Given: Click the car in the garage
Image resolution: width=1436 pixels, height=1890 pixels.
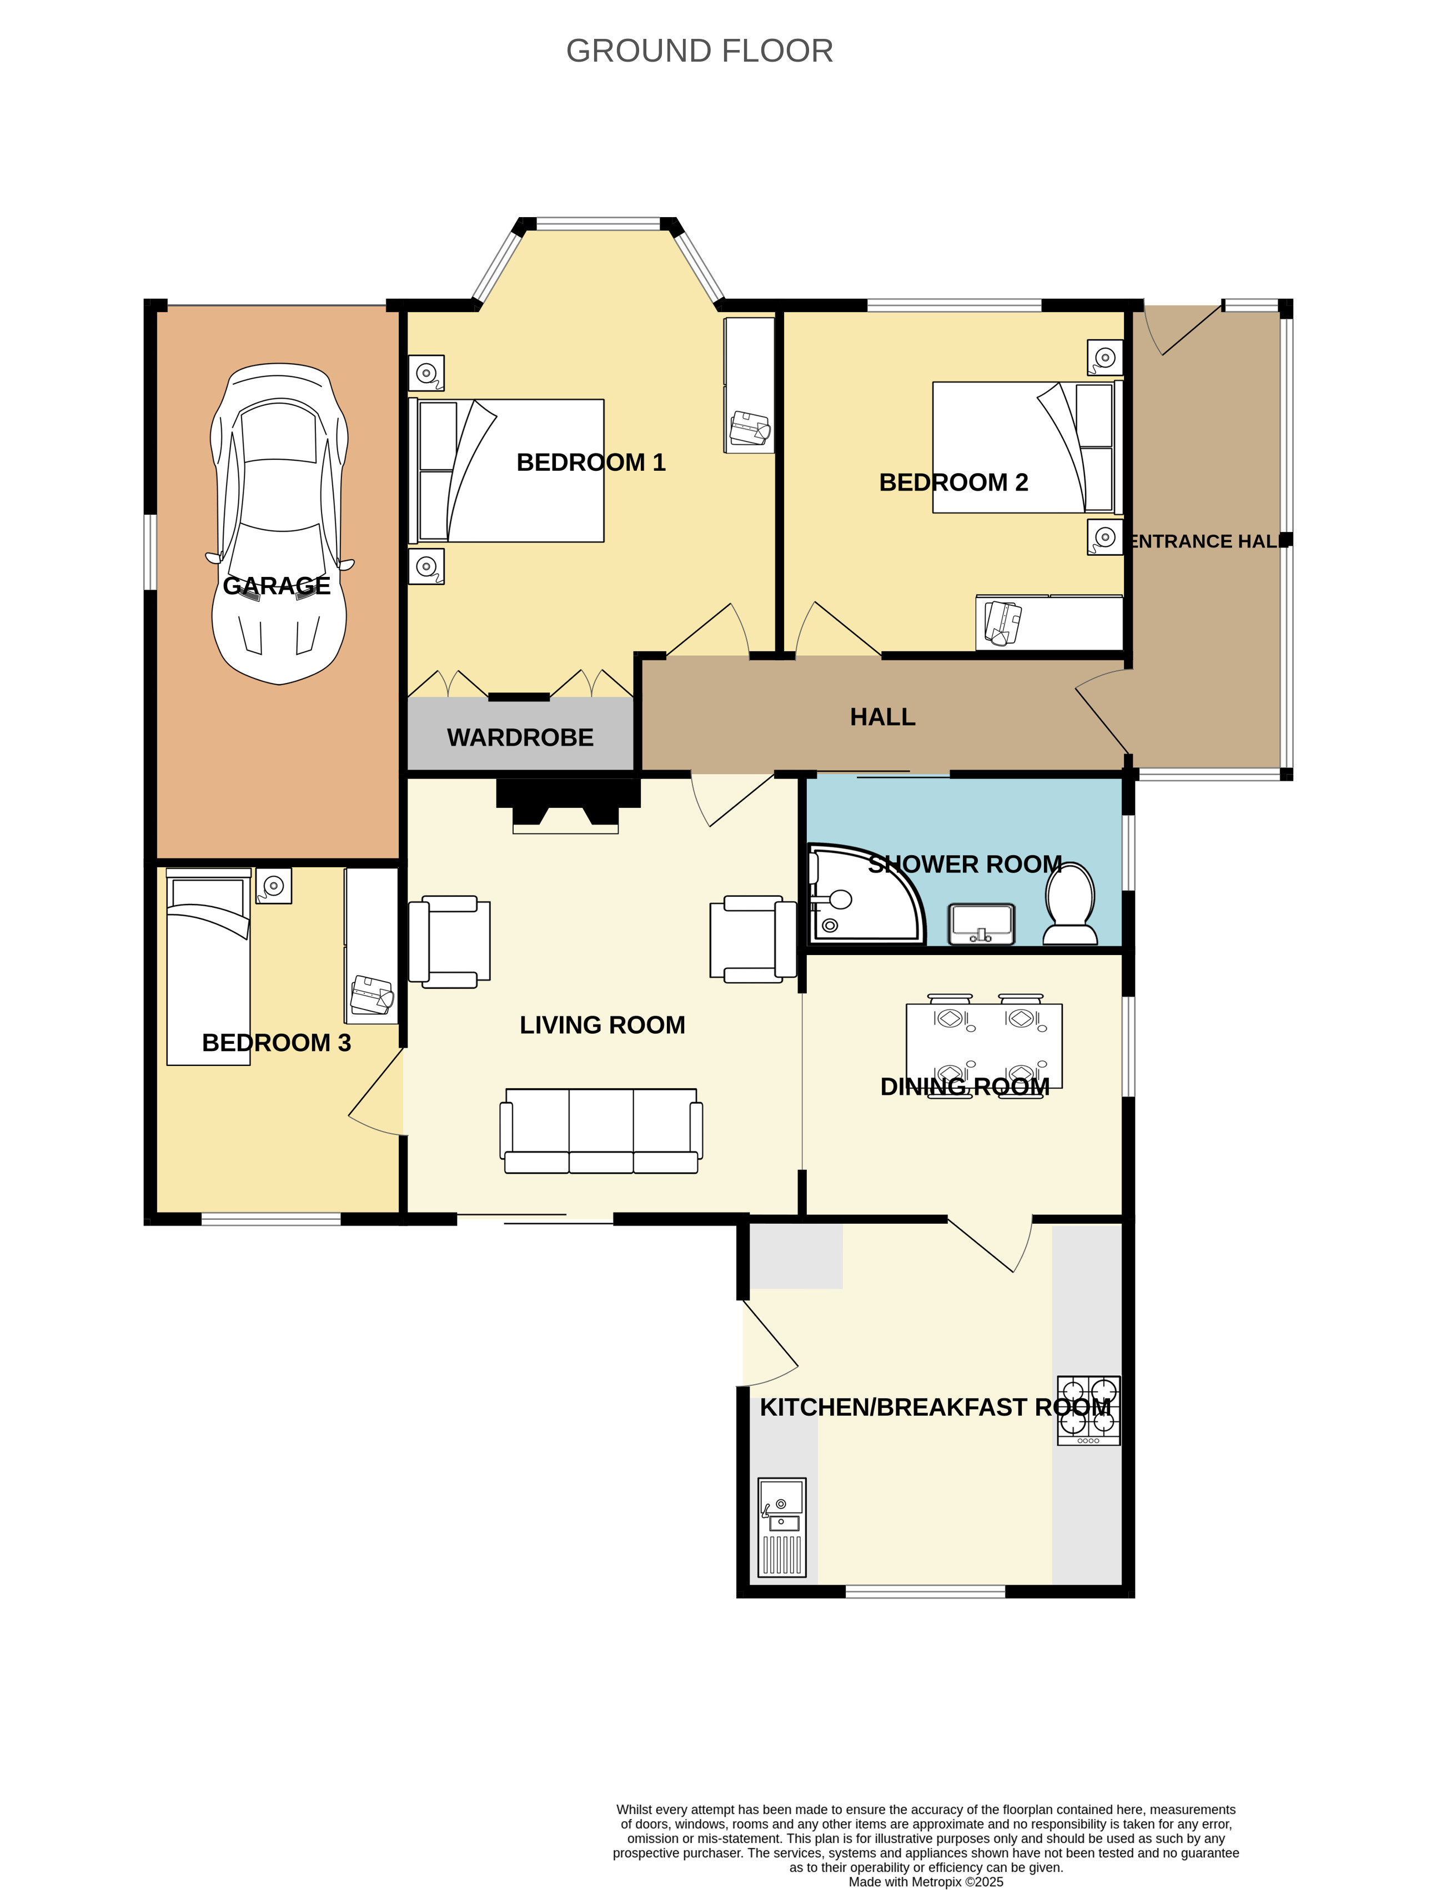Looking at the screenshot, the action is pyautogui.click(x=279, y=524).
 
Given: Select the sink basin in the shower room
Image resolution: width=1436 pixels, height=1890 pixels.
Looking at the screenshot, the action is pyautogui.click(x=982, y=924).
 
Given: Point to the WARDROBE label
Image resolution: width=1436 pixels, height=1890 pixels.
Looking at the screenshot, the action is pyautogui.click(x=520, y=737).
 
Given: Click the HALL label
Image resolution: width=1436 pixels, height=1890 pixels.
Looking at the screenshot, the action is pyautogui.click(x=882, y=717).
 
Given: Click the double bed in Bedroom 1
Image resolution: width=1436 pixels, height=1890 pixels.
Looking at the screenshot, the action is pyautogui.click(x=506, y=471).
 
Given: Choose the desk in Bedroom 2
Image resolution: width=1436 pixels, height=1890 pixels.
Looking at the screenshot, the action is pyautogui.click(x=1049, y=622).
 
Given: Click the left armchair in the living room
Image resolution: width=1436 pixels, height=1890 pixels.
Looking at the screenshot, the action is pyautogui.click(x=450, y=942).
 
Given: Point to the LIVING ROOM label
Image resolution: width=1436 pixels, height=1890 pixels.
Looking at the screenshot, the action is pyautogui.click(x=602, y=1026).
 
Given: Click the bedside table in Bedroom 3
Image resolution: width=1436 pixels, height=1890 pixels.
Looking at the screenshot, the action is pyautogui.click(x=274, y=886).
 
